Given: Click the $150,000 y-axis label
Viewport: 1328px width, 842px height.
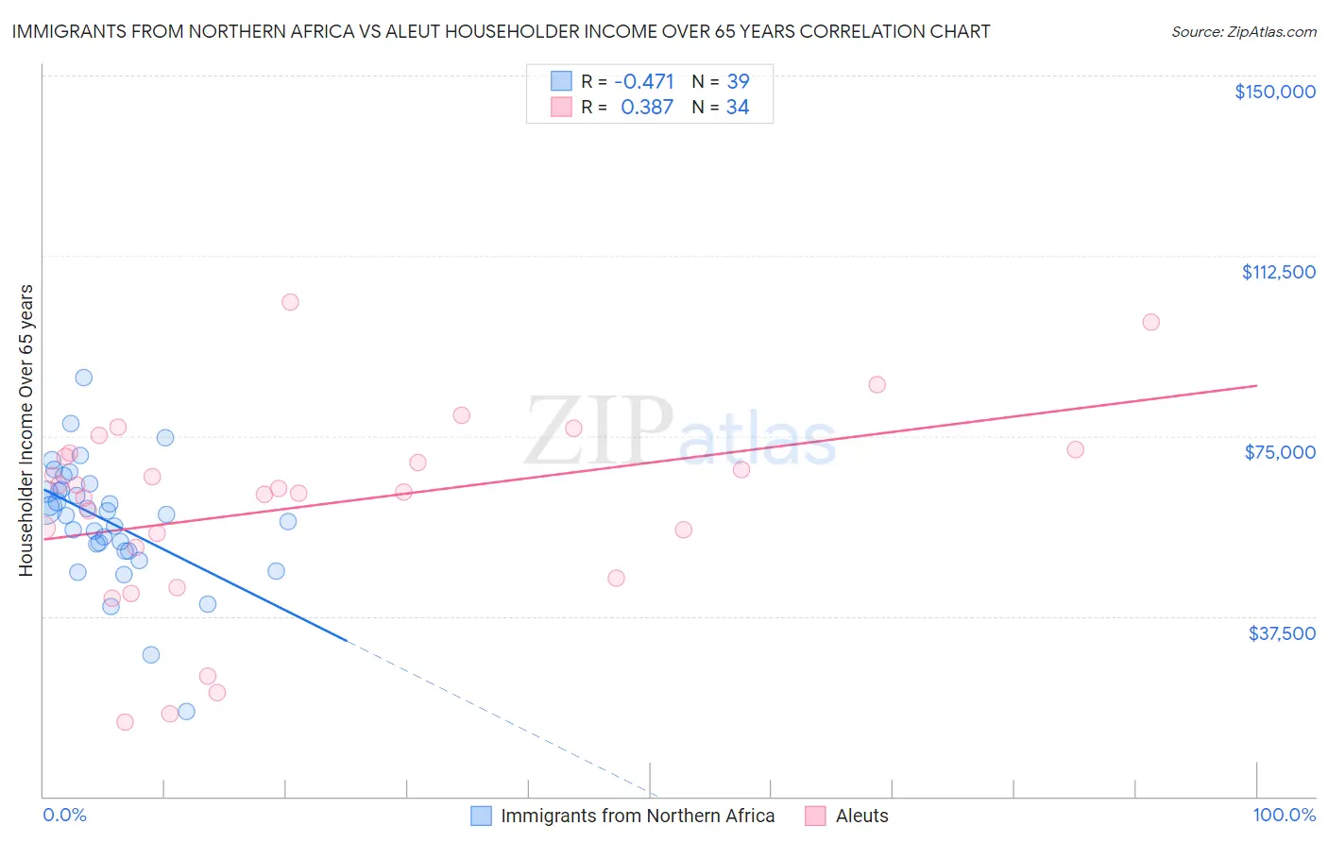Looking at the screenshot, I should point(1274,92).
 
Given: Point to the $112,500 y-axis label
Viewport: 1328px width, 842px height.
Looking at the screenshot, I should point(1278,272).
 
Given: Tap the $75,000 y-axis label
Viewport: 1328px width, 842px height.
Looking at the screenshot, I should point(1280,452).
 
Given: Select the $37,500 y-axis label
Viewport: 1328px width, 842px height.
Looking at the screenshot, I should point(1282,633).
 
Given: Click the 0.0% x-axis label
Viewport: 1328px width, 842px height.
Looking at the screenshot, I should point(64,816).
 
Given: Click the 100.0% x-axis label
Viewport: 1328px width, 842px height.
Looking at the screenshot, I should point(1284,816).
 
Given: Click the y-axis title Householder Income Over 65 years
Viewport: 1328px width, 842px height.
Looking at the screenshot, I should point(26,429).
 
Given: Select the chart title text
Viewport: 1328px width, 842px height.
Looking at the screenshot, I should point(501,31).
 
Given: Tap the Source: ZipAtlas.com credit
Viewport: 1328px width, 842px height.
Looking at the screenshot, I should point(1243,32).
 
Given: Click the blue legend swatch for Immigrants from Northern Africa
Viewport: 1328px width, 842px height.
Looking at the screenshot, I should point(481,817).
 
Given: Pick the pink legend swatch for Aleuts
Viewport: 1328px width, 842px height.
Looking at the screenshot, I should point(815,817).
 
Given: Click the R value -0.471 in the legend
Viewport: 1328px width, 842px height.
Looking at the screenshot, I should point(643,81).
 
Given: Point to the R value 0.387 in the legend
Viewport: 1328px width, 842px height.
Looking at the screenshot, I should point(646,108).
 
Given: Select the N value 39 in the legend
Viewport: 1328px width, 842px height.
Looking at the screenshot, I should point(738,81).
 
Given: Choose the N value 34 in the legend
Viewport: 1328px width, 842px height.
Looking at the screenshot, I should point(738,108).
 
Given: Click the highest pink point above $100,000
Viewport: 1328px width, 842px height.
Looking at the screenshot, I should point(290,302).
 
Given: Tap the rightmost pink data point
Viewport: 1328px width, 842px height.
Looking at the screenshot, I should point(1150,322).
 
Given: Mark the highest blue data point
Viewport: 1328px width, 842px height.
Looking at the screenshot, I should point(84,378).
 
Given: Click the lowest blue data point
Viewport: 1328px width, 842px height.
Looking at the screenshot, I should point(186,712).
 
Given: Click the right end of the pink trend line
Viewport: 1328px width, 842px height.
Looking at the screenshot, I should point(1256,385).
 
